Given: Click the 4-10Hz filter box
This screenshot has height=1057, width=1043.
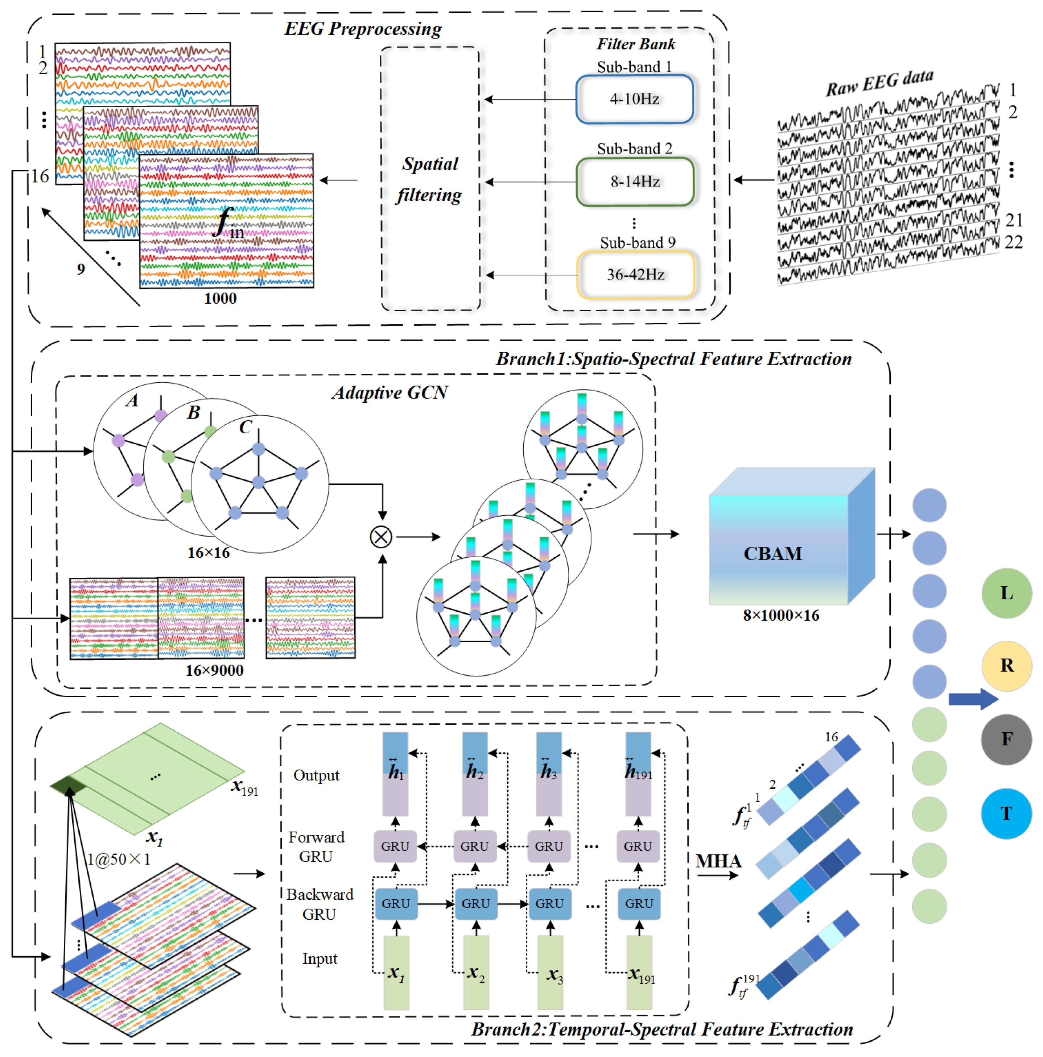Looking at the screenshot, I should pos(634,99).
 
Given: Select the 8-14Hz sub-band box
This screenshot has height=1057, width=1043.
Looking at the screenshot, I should pos(635,181).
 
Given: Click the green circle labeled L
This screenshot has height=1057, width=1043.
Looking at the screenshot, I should pos(1006,593).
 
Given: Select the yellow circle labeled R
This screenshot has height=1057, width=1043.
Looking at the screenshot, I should pos(1006,665).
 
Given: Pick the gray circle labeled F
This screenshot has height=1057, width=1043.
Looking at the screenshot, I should pos(1006,738).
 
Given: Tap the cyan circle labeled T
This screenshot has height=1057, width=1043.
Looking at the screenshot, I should pos(1006,813).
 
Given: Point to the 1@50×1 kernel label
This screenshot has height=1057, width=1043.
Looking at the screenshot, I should pos(118,859).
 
